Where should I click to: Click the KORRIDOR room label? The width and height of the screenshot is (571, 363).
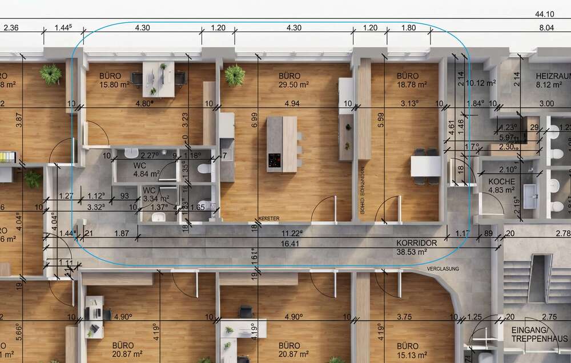(417, 243)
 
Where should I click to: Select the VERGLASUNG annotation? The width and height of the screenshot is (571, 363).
(443, 268)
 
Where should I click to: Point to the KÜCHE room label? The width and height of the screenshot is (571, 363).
(501, 181)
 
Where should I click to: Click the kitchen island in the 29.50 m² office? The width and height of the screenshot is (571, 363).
(282, 144)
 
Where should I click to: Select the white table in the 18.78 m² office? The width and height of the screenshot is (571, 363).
(425, 166)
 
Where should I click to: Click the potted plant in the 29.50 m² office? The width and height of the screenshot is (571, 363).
(234, 75)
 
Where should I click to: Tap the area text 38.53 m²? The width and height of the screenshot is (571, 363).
(417, 252)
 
